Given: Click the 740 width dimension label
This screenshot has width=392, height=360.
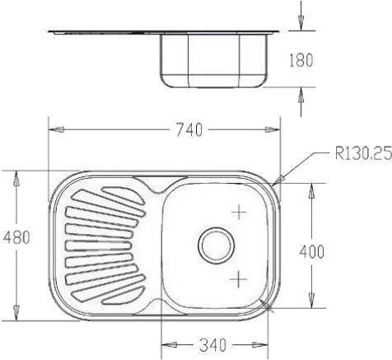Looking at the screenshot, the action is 189,130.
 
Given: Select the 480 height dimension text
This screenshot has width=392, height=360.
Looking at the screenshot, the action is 16,237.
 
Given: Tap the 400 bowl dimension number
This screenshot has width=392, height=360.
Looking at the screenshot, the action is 311,251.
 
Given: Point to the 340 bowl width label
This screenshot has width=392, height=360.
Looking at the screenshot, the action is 213,345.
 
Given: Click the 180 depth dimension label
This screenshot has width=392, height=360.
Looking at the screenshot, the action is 301,60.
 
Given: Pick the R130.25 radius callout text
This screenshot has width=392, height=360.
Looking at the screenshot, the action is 363,153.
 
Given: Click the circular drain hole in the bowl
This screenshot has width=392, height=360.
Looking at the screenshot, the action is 217,245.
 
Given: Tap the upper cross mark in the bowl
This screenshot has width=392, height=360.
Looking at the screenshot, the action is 239,212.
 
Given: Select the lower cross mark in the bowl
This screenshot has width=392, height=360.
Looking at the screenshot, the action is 238,279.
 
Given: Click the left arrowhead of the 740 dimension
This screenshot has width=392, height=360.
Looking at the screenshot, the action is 56,129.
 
